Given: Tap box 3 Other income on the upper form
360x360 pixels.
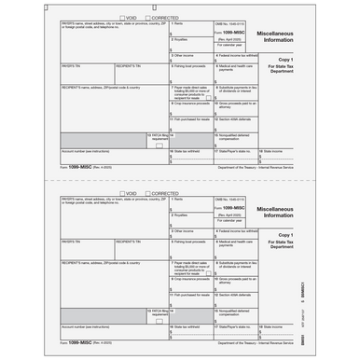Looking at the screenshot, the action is pos(191,59).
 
